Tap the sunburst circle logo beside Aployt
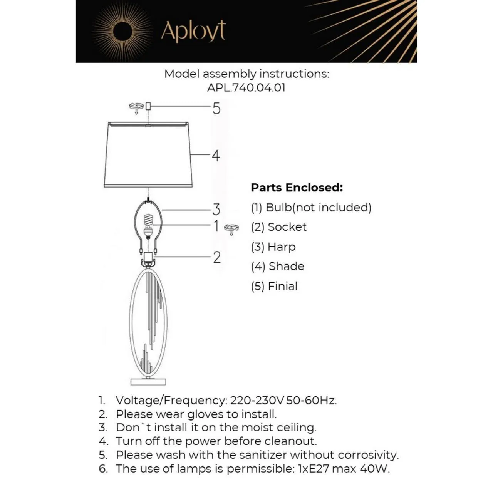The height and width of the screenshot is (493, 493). tap(122, 31)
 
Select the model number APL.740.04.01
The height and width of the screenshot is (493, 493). tap(246, 87)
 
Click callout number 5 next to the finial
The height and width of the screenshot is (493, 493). tap(216, 109)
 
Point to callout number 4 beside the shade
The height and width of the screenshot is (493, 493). tap(216, 156)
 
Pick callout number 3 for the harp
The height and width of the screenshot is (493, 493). tap(216, 210)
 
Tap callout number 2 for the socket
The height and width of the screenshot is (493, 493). tap(217, 257)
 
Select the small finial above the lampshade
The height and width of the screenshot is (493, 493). tap(148, 106)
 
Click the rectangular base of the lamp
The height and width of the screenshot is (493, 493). tap(148, 381)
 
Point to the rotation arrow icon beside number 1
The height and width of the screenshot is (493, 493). tap(231, 229)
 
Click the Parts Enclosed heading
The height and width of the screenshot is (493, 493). tap(297, 188)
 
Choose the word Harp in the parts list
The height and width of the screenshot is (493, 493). tap(282, 247)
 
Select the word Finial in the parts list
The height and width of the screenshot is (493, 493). tap(283, 286)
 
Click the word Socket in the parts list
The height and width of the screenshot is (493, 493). tap(287, 227)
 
